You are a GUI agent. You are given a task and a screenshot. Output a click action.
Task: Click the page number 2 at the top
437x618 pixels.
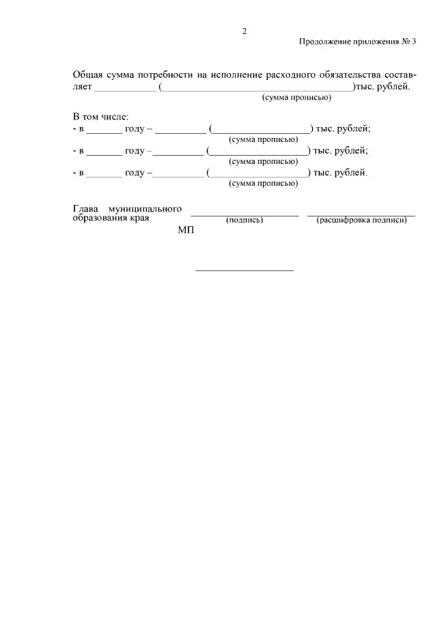tap(244, 31)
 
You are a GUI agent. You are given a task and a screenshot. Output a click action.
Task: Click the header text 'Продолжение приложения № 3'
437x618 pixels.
tap(358, 42)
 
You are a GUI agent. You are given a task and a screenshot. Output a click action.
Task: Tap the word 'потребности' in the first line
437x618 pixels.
tap(165, 74)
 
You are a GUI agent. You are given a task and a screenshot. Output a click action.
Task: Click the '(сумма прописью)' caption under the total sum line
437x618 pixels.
tap(296, 98)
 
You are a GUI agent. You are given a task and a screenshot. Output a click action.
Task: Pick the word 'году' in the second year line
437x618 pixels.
tap(135, 150)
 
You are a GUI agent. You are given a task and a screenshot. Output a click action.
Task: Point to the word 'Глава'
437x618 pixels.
tap(85, 208)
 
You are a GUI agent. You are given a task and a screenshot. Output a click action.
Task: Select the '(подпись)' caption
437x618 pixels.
tap(244, 220)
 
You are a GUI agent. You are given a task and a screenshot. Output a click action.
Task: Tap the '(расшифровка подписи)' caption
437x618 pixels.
tap(362, 220)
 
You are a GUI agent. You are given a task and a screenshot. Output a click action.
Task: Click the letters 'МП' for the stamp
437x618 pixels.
tap(186, 231)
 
